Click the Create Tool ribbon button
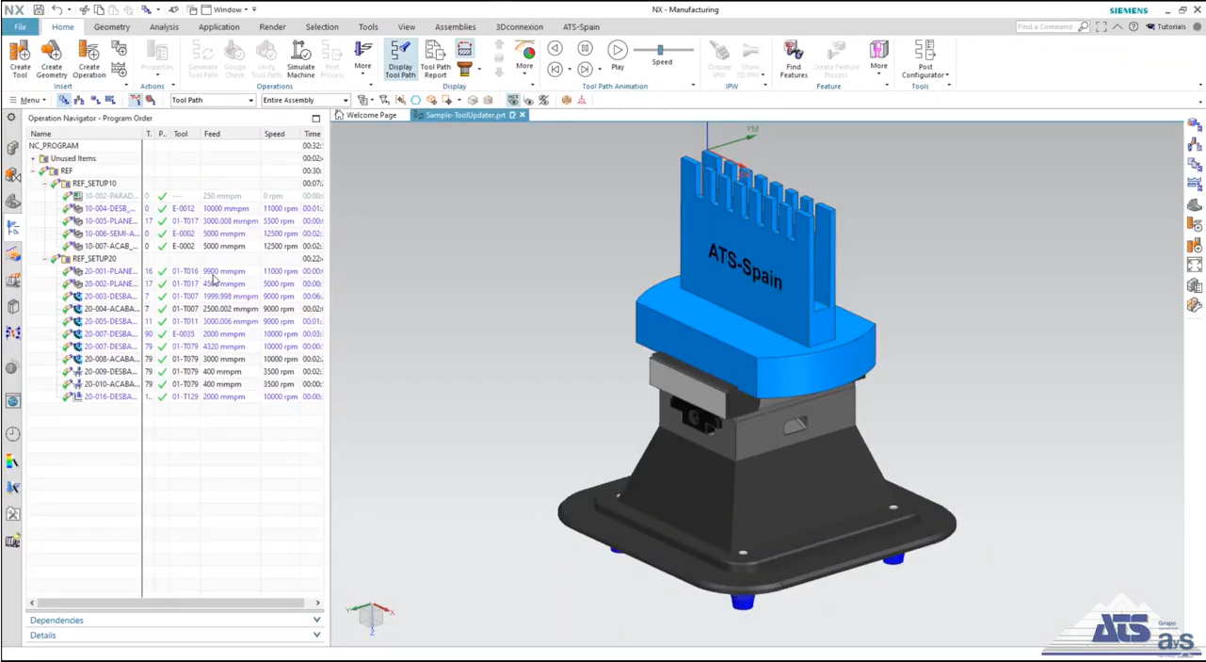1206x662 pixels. tap(20, 58)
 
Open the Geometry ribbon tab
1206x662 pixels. tap(112, 27)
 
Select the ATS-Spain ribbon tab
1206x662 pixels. tap(581, 27)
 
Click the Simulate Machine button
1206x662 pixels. tap(300, 58)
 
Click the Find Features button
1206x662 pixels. tap(794, 58)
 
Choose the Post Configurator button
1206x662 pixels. tap(925, 58)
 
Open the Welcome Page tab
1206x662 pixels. tap(371, 115)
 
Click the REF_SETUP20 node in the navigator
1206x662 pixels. tap(94, 259)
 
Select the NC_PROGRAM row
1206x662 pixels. tap(54, 146)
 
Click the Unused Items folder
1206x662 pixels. tap(72, 158)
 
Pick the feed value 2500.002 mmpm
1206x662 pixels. tap(230, 309)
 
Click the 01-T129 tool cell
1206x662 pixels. tap(185, 396)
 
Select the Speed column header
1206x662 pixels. tap(274, 134)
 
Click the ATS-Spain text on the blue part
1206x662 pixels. tap(744, 266)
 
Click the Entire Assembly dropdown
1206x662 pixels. tap(305, 101)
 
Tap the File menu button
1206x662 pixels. tap(20, 27)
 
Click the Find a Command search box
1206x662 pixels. tap(1047, 27)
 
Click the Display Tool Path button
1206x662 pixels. tap(400, 58)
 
